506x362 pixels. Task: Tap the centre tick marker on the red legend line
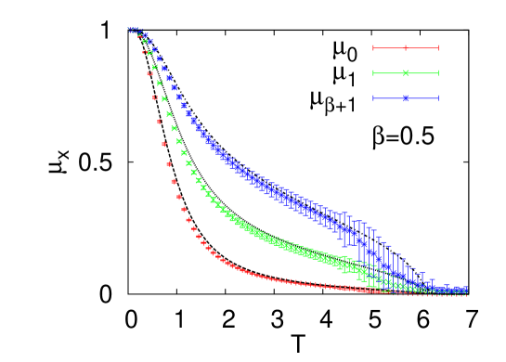coord(406,48)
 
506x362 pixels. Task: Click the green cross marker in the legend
coord(406,73)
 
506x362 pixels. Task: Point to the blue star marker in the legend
coord(406,98)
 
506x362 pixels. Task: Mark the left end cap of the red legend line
coord(373,48)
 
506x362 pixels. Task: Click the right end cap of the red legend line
coord(438,48)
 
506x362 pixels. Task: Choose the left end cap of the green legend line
coord(373,73)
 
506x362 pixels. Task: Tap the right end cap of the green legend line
coord(438,73)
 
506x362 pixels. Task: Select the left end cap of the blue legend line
coord(373,98)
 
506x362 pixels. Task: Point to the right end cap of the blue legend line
coord(438,98)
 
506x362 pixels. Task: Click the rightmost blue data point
coord(466,291)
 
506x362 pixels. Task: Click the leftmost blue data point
coord(130,29)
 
